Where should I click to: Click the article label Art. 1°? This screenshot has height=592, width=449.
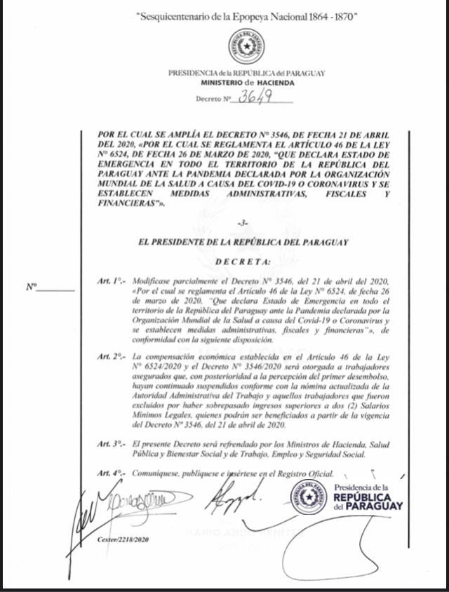(x=112, y=281)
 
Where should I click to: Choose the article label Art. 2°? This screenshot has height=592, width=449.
(x=112, y=358)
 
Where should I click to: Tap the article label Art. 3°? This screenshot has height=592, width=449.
(x=112, y=444)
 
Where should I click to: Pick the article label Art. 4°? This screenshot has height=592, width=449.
(x=112, y=474)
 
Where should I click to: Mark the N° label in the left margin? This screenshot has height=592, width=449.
(x=32, y=287)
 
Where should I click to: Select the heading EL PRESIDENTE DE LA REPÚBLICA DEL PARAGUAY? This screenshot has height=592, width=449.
(x=243, y=242)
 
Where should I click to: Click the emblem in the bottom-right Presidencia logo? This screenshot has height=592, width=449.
(x=309, y=497)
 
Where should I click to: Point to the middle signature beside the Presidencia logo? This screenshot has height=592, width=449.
(x=232, y=499)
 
